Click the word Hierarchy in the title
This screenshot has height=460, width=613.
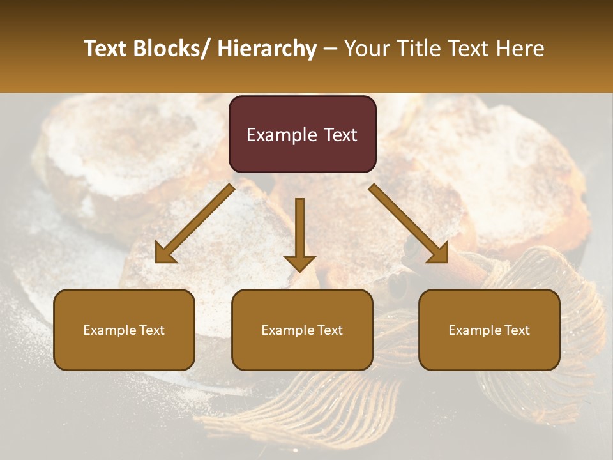click(267, 49)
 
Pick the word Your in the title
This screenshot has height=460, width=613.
click(368, 49)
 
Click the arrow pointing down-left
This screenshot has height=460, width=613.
click(194, 224)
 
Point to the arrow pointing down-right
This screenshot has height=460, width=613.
click(409, 224)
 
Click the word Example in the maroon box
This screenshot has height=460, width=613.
click(282, 135)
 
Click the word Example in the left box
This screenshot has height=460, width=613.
click(109, 330)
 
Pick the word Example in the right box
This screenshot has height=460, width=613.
click(474, 330)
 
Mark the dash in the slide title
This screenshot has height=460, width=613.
click(330, 49)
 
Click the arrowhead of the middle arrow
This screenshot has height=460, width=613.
click(299, 263)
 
